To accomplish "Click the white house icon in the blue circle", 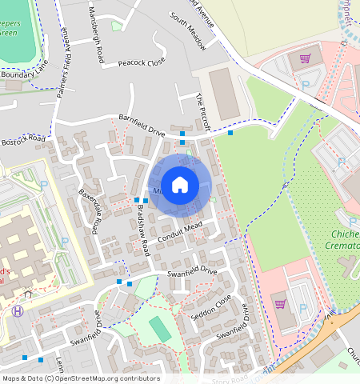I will click(180, 185).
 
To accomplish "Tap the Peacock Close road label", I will click(141, 62).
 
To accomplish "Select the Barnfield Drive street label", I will click(142, 124).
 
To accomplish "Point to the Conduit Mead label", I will click(181, 231).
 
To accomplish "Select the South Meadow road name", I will click(187, 31).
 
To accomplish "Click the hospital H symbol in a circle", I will click(18, 311).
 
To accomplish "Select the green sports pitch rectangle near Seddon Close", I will click(159, 327).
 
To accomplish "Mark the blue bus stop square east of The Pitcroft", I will click(230, 133).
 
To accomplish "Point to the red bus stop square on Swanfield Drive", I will click(129, 284).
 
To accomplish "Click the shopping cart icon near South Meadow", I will click(304, 58).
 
